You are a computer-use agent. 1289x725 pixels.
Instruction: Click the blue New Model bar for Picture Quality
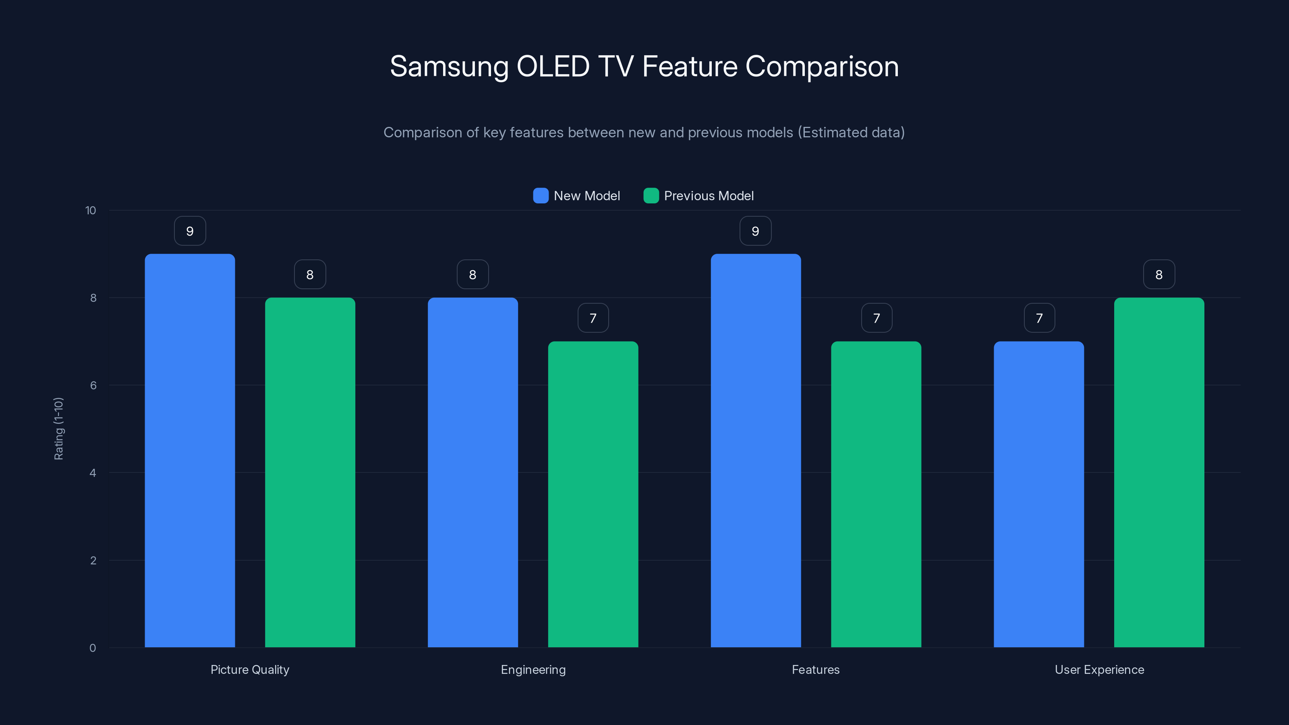tap(190, 450)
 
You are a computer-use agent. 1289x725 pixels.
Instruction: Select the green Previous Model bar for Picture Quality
tap(310, 472)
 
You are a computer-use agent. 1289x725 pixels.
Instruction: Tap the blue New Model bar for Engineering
tap(472, 472)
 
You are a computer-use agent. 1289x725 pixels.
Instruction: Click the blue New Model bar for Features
tap(756, 450)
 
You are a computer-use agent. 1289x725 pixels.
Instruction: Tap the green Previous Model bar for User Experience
tap(1159, 472)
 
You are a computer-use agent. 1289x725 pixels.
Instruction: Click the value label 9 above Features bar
tap(756, 231)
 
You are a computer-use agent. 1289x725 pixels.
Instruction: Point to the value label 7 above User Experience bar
tap(1039, 318)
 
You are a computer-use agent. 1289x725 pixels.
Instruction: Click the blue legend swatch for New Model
tap(541, 196)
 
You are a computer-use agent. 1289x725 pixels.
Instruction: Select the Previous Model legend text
tap(709, 196)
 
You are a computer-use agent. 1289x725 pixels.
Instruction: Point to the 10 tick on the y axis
tap(91, 210)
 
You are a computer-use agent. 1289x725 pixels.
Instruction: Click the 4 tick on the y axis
tap(93, 473)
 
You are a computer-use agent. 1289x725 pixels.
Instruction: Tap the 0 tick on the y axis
tap(93, 648)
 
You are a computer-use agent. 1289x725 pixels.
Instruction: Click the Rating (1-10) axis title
tap(58, 429)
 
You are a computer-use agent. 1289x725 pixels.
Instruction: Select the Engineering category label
tap(533, 669)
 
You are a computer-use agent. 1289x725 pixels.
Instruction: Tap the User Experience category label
tap(1099, 669)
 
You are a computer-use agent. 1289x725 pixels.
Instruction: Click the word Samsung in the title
tap(449, 66)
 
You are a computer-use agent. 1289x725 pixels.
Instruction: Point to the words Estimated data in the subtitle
tap(851, 133)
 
